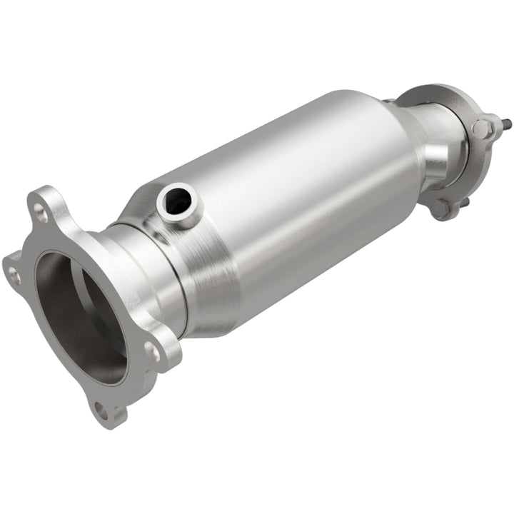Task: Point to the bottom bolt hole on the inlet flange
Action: click(x=101, y=409)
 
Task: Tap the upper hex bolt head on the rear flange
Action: click(x=481, y=128)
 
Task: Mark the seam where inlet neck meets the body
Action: click(x=171, y=278)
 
